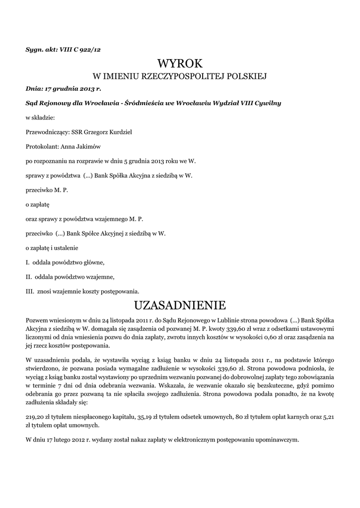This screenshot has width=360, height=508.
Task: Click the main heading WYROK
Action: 180,63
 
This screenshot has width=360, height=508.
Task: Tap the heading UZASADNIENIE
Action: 180,303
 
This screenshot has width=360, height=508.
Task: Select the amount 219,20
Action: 34,417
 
